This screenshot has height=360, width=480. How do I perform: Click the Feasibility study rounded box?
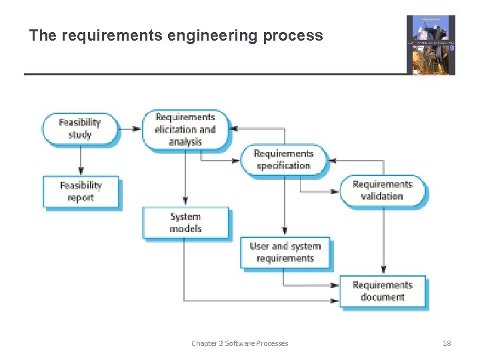80,129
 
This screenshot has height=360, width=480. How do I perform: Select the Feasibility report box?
81,191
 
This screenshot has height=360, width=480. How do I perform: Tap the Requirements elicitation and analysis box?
185,129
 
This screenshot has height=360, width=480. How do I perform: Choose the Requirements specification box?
283,160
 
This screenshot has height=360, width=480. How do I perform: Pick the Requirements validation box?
382,190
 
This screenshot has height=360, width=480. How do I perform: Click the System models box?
185,223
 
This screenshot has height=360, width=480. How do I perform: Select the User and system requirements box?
285,253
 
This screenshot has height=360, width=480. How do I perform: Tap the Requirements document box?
382,291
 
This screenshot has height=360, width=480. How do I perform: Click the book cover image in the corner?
431,45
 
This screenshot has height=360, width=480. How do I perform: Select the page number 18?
447,343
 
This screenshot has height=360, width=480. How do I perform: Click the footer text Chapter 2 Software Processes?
239,343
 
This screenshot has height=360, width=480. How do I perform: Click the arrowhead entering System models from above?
185,201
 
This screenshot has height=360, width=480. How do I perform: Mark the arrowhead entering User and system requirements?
285,231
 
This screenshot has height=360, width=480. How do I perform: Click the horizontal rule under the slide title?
213,73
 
